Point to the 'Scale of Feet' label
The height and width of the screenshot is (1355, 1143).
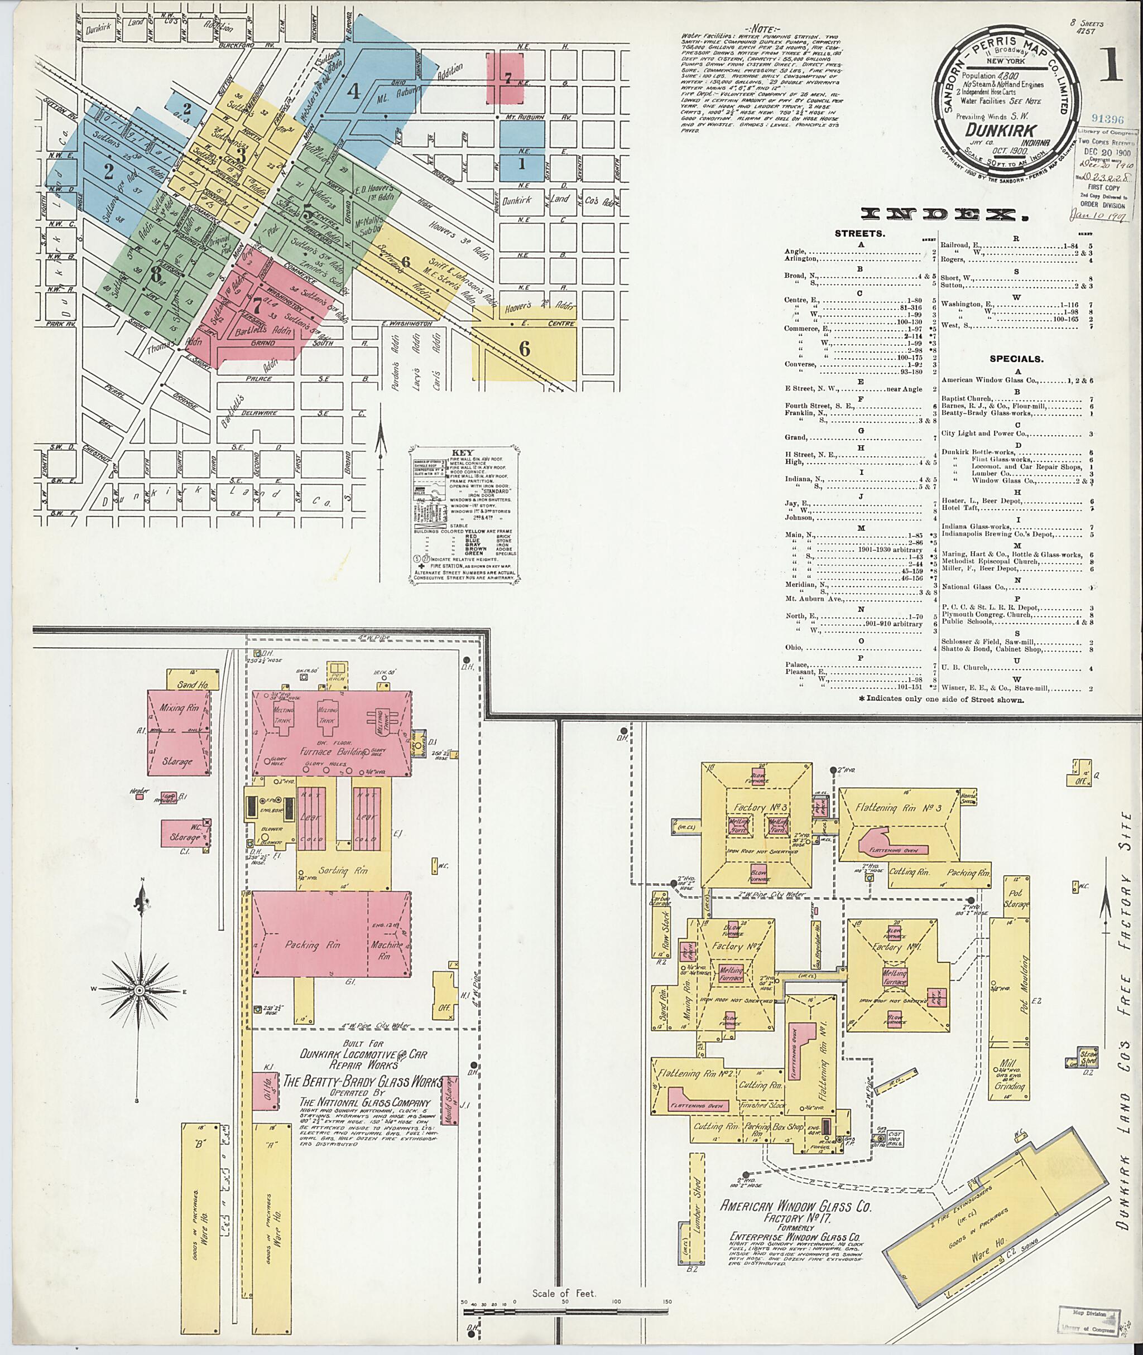tap(564, 1275)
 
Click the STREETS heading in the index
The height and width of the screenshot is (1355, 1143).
tap(861, 234)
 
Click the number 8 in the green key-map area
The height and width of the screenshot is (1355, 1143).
tap(156, 274)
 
